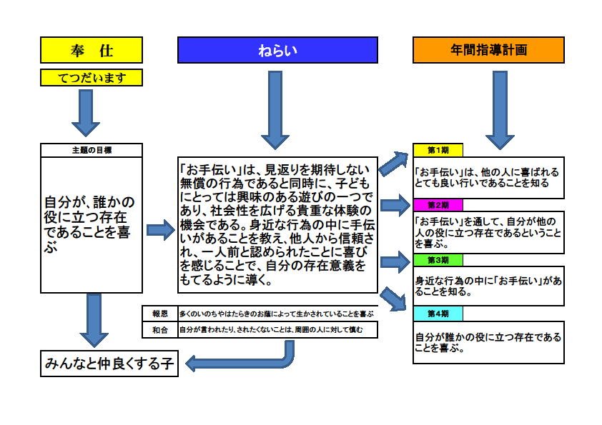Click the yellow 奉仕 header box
(92, 50)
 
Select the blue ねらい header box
(277, 50)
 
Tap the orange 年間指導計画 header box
(488, 50)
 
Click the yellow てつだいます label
(92, 77)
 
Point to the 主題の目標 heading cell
(92, 150)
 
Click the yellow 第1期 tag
(438, 150)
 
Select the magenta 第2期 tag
(438, 205)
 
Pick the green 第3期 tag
(438, 260)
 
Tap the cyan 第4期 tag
(438, 314)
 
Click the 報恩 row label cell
(160, 314)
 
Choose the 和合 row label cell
(160, 330)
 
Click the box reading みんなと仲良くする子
(109, 364)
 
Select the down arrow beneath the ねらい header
(275, 110)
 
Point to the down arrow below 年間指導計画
(500, 110)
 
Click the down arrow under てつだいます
(86, 113)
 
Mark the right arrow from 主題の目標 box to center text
(161, 230)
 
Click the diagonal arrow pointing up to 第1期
(393, 164)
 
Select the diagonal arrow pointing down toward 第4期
(393, 299)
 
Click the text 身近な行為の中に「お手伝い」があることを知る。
(488, 286)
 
